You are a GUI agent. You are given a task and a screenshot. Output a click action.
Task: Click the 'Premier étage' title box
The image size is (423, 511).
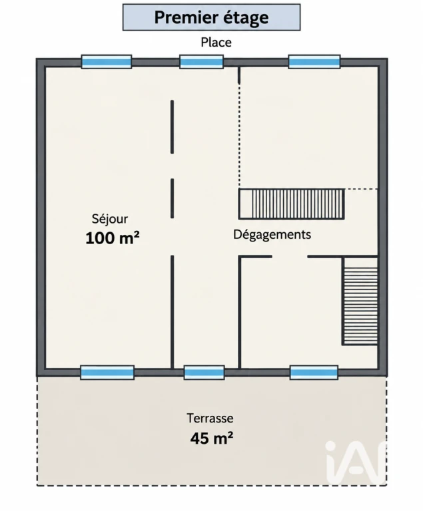(x=212, y=17)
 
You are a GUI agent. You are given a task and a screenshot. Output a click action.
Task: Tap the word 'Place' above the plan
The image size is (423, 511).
(x=216, y=43)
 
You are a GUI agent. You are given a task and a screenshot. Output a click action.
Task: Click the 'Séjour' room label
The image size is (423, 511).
(x=110, y=219)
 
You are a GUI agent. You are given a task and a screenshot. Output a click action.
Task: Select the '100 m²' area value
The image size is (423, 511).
(x=113, y=238)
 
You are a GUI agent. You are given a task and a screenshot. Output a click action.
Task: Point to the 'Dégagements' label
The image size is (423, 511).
(x=272, y=235)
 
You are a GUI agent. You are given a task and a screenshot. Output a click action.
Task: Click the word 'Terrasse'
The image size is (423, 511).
(x=210, y=418)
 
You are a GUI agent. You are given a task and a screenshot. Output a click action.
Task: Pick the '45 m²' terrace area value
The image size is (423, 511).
(x=212, y=438)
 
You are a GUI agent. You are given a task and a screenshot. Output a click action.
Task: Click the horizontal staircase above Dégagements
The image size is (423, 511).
(x=292, y=204)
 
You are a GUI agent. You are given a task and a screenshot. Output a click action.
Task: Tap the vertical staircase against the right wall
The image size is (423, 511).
(x=360, y=301)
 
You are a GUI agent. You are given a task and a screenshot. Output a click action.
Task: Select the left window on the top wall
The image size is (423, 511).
(x=107, y=62)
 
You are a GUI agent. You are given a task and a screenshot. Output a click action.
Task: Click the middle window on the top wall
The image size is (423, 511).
(x=201, y=62)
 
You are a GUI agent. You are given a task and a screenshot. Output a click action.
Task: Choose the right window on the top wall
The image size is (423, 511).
(x=314, y=62)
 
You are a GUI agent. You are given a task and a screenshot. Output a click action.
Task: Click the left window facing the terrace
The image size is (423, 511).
(x=107, y=373)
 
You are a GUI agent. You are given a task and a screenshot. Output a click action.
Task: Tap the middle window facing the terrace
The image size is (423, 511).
(x=205, y=373)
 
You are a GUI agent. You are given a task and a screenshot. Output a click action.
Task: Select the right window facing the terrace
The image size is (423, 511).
(x=314, y=373)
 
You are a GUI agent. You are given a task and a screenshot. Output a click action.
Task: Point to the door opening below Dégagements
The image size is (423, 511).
(x=290, y=257)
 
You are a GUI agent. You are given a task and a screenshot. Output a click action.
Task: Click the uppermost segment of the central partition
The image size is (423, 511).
(x=172, y=127)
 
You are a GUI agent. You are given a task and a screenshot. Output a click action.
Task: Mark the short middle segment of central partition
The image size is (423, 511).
(x=172, y=198)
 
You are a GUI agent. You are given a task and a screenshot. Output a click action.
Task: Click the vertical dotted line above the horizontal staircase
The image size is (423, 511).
(x=239, y=136)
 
